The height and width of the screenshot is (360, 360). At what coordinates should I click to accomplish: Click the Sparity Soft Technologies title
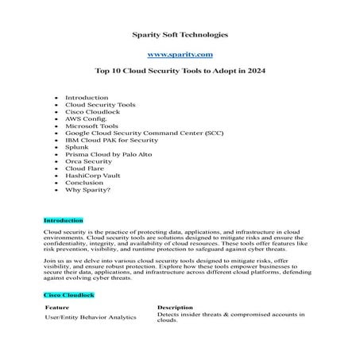tap(179, 35)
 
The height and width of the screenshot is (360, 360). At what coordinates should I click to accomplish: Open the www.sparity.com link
tap(180, 53)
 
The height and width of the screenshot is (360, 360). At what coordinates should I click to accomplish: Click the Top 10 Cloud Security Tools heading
tap(180, 72)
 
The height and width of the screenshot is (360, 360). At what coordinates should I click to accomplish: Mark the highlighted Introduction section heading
tap(63, 219)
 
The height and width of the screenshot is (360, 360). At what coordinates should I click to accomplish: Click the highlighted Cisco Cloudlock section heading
tap(69, 294)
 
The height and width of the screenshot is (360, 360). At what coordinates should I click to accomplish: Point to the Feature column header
tap(56, 307)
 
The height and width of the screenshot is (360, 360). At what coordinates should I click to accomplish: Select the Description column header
tap(175, 307)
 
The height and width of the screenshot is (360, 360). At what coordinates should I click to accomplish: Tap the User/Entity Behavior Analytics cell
tap(90, 317)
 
